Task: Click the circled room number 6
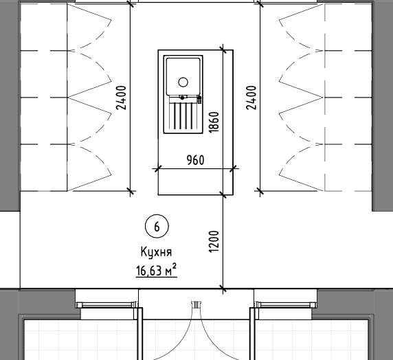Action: tap(157, 226)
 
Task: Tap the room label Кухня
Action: tap(156, 251)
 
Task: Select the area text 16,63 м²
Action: tap(157, 270)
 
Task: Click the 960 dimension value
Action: tap(196, 160)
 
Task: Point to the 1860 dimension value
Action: tap(214, 122)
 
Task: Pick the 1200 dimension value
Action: tap(214, 241)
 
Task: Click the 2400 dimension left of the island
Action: tap(121, 98)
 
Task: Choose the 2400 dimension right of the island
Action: tap(251, 98)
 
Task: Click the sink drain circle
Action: tap(183, 82)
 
